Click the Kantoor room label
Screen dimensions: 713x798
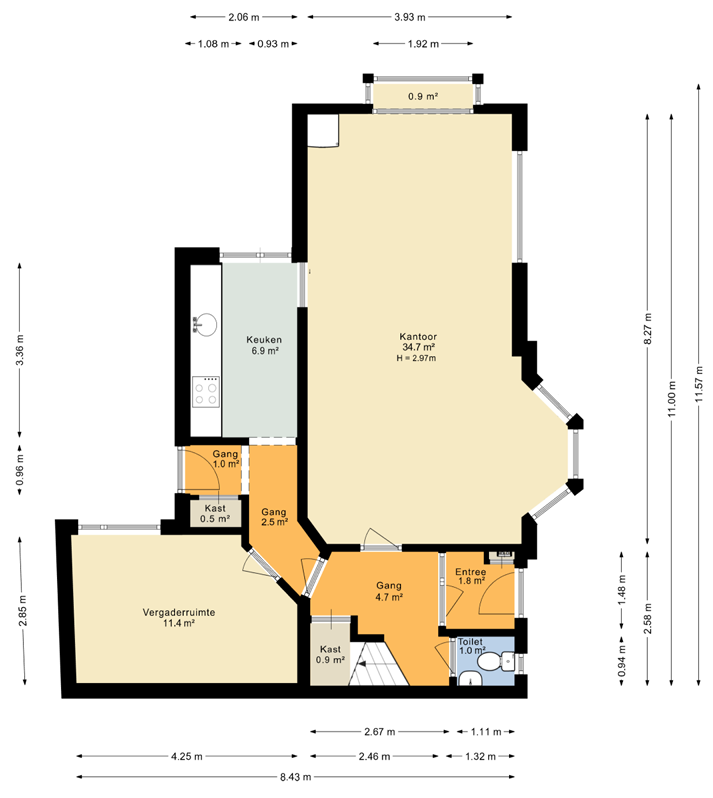[418, 336]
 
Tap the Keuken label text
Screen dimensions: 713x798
[264, 339]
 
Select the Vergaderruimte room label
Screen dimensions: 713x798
[179, 612]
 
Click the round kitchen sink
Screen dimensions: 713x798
[205, 324]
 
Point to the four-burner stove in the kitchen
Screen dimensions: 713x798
[206, 392]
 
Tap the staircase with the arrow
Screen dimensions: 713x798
[378, 664]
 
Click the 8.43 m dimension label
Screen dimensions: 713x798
[295, 777]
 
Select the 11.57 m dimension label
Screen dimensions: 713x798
[699, 384]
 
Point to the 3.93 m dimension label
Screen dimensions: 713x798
[410, 17]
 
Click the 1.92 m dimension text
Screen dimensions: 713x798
[423, 44]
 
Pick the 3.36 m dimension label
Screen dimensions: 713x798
[20, 350]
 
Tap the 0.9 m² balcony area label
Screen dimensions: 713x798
[423, 96]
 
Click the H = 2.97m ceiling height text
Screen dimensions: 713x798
[416, 358]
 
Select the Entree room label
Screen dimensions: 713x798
[470, 572]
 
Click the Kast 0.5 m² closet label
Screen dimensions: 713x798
[215, 514]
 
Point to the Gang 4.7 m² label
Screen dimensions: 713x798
[389, 591]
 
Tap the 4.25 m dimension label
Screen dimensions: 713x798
[187, 756]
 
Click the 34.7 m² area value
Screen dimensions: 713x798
[418, 347]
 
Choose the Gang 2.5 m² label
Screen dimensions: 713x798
[274, 517]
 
